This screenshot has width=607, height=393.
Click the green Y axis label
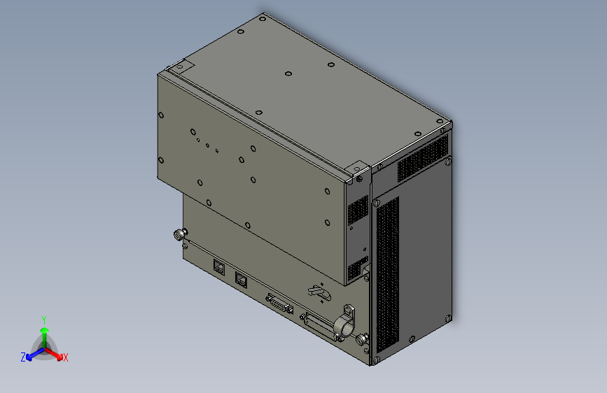43,319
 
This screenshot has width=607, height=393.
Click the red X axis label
65,357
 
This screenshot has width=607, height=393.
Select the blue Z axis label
23,357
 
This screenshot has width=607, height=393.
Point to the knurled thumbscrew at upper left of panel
181,234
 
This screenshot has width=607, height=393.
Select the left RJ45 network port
219,266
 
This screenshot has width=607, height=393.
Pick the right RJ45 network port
242,280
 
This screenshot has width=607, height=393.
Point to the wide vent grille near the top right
422,159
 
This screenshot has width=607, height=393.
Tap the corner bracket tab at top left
181,67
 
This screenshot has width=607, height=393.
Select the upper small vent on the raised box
358,209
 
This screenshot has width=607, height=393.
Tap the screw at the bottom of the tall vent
375,361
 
